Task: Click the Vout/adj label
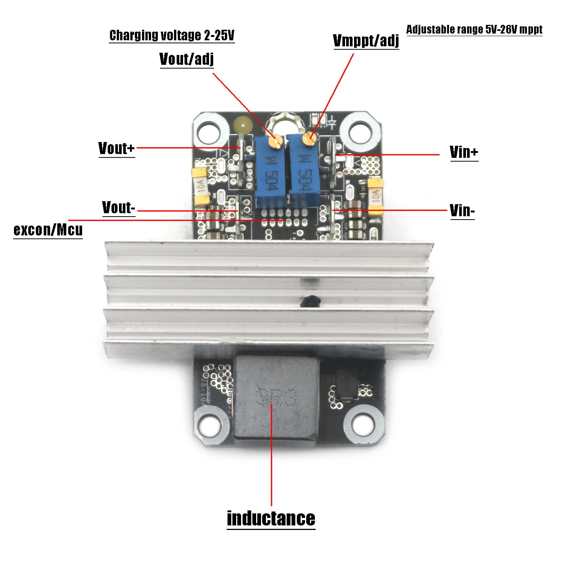pyautogui.click(x=186, y=59)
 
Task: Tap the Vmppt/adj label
pyautogui.click(x=366, y=41)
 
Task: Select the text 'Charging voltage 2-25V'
pyautogui.click(x=172, y=35)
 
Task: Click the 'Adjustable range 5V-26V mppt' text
pyautogui.click(x=474, y=29)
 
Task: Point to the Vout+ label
pyautogui.click(x=116, y=148)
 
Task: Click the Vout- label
pyautogui.click(x=118, y=208)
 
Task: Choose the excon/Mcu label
pyautogui.click(x=48, y=229)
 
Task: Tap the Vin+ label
pyautogui.click(x=464, y=152)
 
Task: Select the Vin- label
pyautogui.click(x=462, y=211)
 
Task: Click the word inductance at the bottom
pyautogui.click(x=271, y=518)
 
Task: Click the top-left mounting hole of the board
pyautogui.click(x=209, y=132)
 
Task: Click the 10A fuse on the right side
pyautogui.click(x=375, y=196)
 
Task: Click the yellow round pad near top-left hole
pyautogui.click(x=243, y=124)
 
